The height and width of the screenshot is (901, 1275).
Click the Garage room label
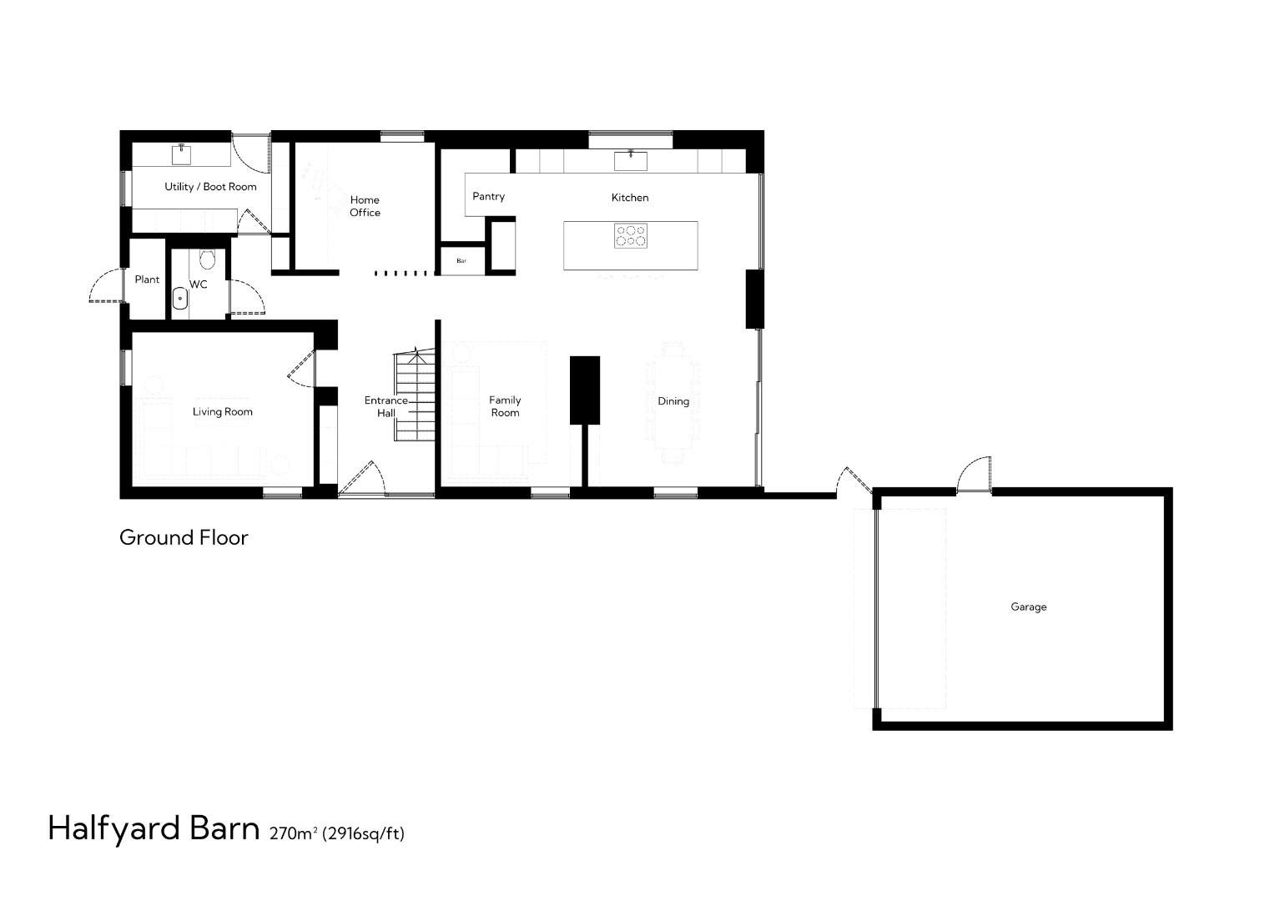(1028, 607)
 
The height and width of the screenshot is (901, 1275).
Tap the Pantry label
(488, 197)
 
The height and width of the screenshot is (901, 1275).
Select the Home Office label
(365, 206)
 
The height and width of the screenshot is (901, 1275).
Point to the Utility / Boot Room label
(210, 187)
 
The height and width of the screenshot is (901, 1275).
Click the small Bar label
(461, 261)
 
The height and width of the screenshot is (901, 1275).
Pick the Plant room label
(147, 279)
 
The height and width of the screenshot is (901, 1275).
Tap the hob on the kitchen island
(631, 236)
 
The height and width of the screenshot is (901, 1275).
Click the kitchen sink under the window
(631, 160)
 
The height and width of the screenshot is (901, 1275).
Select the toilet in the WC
(208, 259)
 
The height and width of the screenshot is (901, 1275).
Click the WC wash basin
(179, 298)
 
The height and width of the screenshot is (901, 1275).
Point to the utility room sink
(182, 154)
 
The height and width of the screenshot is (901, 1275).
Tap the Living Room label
(222, 412)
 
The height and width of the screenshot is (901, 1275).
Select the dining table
(673, 402)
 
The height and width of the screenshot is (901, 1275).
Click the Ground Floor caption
(184, 538)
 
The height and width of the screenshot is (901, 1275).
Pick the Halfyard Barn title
(154, 828)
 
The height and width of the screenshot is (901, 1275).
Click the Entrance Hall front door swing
(361, 479)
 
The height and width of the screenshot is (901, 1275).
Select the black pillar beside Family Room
(585, 390)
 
